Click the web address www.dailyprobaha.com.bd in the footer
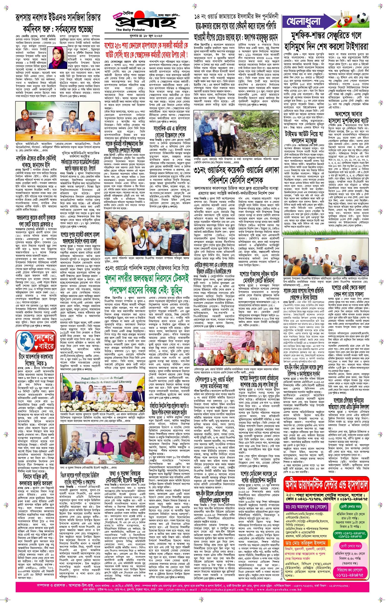[278, 589]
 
